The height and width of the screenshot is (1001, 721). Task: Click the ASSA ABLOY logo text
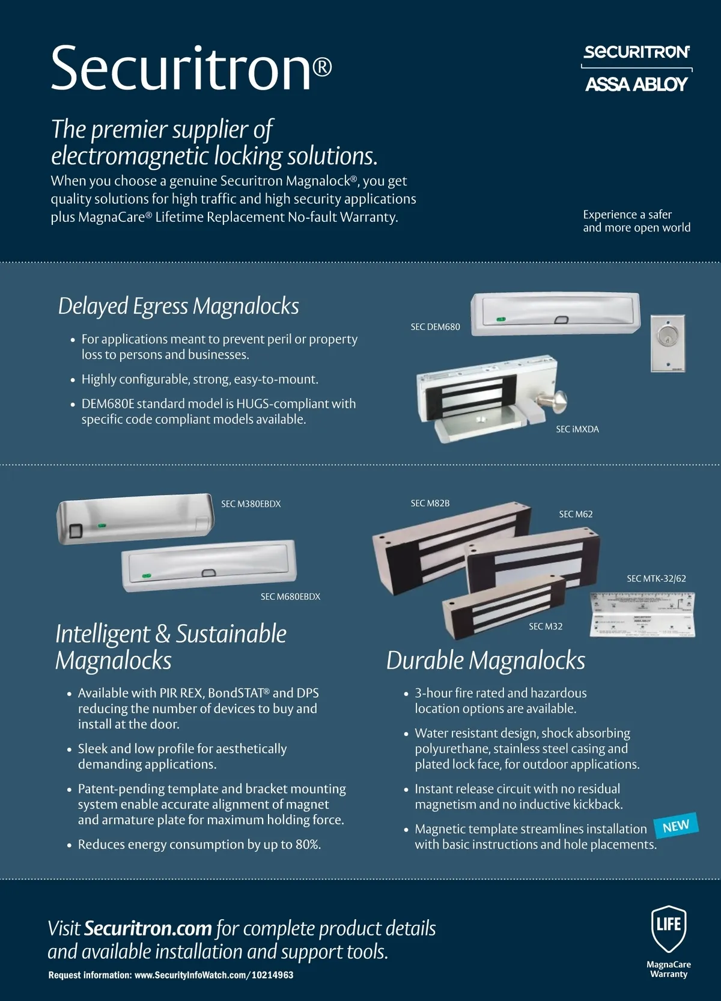tap(636, 84)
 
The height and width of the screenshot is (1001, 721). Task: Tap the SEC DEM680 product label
tap(435, 327)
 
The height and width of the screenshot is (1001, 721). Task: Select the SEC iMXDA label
tap(577, 429)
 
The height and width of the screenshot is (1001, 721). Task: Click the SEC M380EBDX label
tap(251, 504)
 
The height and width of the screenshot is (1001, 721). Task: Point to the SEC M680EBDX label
tap(290, 596)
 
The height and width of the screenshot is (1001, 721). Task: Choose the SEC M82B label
tap(430, 503)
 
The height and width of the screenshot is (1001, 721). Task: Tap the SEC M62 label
tap(576, 514)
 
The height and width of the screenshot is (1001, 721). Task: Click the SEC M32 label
tap(546, 626)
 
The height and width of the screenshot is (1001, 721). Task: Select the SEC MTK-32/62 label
tap(656, 578)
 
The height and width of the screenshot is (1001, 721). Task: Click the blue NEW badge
tap(676, 826)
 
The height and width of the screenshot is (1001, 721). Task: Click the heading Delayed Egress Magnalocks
tap(178, 306)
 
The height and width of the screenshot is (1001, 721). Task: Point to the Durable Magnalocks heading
tap(485, 660)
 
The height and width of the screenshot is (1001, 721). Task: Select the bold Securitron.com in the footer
tap(148, 928)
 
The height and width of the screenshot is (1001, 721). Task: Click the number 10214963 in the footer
tap(272, 975)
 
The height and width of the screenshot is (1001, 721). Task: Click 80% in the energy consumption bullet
tap(307, 845)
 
